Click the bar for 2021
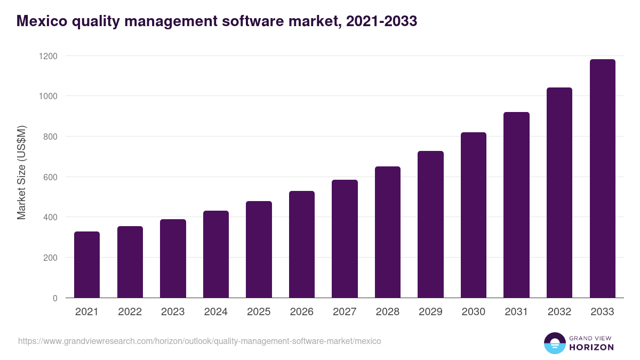[87, 265]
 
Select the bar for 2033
[602, 179]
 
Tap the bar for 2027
[345, 239]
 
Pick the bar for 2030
[474, 215]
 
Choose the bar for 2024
[216, 254]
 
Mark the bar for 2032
[559, 193]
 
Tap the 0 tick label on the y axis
[55, 298]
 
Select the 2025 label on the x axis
[259, 312]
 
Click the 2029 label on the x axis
[430, 312]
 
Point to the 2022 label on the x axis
[130, 312]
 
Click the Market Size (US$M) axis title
[21, 173]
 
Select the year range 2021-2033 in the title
[381, 21]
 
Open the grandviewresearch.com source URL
[199, 341]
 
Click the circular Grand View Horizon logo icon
[555, 343]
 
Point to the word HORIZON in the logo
[591, 347]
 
